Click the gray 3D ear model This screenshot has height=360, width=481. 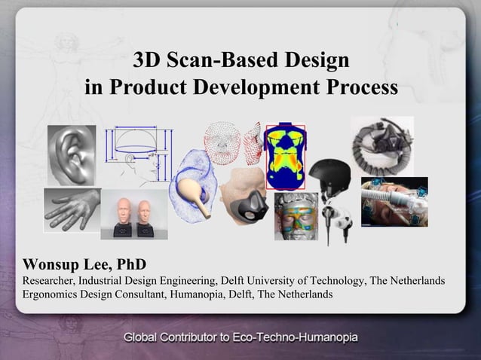(x=71, y=154)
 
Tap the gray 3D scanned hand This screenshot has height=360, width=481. (x=72, y=209)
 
